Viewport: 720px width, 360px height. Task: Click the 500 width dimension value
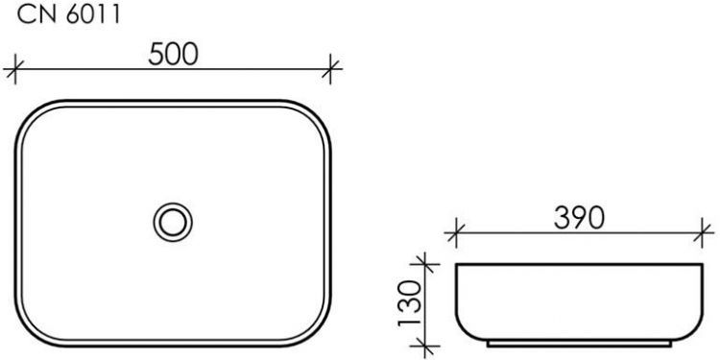[x=173, y=55]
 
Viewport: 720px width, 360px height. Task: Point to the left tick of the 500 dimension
[x=13, y=68]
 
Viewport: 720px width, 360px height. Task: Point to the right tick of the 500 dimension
[x=332, y=68]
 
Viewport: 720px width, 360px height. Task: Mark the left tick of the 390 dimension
[x=457, y=231]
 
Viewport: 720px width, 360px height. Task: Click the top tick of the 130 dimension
[x=420, y=261]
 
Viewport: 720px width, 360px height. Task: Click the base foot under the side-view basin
[x=581, y=342]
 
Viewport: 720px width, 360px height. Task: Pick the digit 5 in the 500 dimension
[x=157, y=55]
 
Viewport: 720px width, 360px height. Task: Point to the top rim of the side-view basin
[x=581, y=262]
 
